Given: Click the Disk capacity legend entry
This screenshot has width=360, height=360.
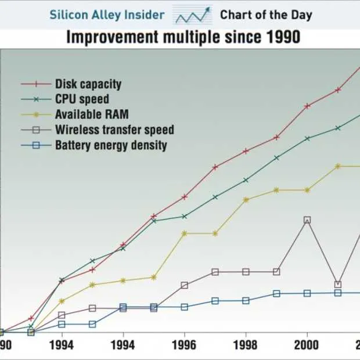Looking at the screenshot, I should [88, 84].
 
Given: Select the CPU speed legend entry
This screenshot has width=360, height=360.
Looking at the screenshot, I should [82, 99].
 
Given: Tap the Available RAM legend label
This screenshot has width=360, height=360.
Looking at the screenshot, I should [92, 114].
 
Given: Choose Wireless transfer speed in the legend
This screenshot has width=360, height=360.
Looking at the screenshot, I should [114, 130].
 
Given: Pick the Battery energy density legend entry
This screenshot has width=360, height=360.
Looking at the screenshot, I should [111, 145].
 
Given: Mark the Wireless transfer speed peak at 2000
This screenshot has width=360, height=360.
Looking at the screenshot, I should [307, 220].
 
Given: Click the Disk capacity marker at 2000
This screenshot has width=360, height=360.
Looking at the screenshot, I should [307, 106].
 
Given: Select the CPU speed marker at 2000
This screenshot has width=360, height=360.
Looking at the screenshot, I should [307, 138].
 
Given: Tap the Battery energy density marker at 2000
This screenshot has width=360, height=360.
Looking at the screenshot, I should [307, 293].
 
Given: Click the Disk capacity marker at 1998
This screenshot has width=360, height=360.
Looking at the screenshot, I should [246, 151].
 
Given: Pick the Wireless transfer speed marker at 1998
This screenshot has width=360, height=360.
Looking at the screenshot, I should [246, 272].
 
